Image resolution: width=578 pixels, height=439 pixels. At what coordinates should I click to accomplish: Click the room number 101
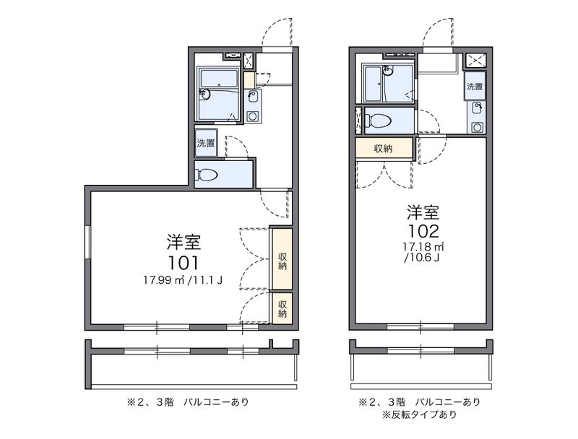184,263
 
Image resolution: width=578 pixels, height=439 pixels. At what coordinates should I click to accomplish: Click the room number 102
423,231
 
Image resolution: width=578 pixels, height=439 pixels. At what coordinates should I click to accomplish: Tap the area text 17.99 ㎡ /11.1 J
183,281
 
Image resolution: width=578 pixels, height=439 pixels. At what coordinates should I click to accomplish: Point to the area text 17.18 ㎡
423,246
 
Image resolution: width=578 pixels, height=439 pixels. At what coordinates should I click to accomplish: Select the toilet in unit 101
206,175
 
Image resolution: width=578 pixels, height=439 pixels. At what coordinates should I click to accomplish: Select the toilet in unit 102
377,120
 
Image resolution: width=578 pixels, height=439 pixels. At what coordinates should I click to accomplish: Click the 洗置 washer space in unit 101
206,143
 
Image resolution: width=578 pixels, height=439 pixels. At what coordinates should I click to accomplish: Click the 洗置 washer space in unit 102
475,87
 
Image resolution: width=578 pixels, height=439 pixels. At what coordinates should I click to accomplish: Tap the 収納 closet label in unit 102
384,149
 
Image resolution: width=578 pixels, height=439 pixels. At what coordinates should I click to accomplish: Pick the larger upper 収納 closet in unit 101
282,259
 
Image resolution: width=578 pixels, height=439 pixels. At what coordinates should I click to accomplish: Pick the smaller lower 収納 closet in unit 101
282,308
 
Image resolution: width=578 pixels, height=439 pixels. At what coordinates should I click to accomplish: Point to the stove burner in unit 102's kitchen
477,127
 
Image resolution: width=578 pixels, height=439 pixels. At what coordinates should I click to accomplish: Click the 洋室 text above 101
184,242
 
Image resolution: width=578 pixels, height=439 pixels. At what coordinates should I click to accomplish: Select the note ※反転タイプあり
420,414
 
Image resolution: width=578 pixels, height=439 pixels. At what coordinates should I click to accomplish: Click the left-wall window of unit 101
87,243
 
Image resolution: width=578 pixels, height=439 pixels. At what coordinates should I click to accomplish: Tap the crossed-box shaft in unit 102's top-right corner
475,61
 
